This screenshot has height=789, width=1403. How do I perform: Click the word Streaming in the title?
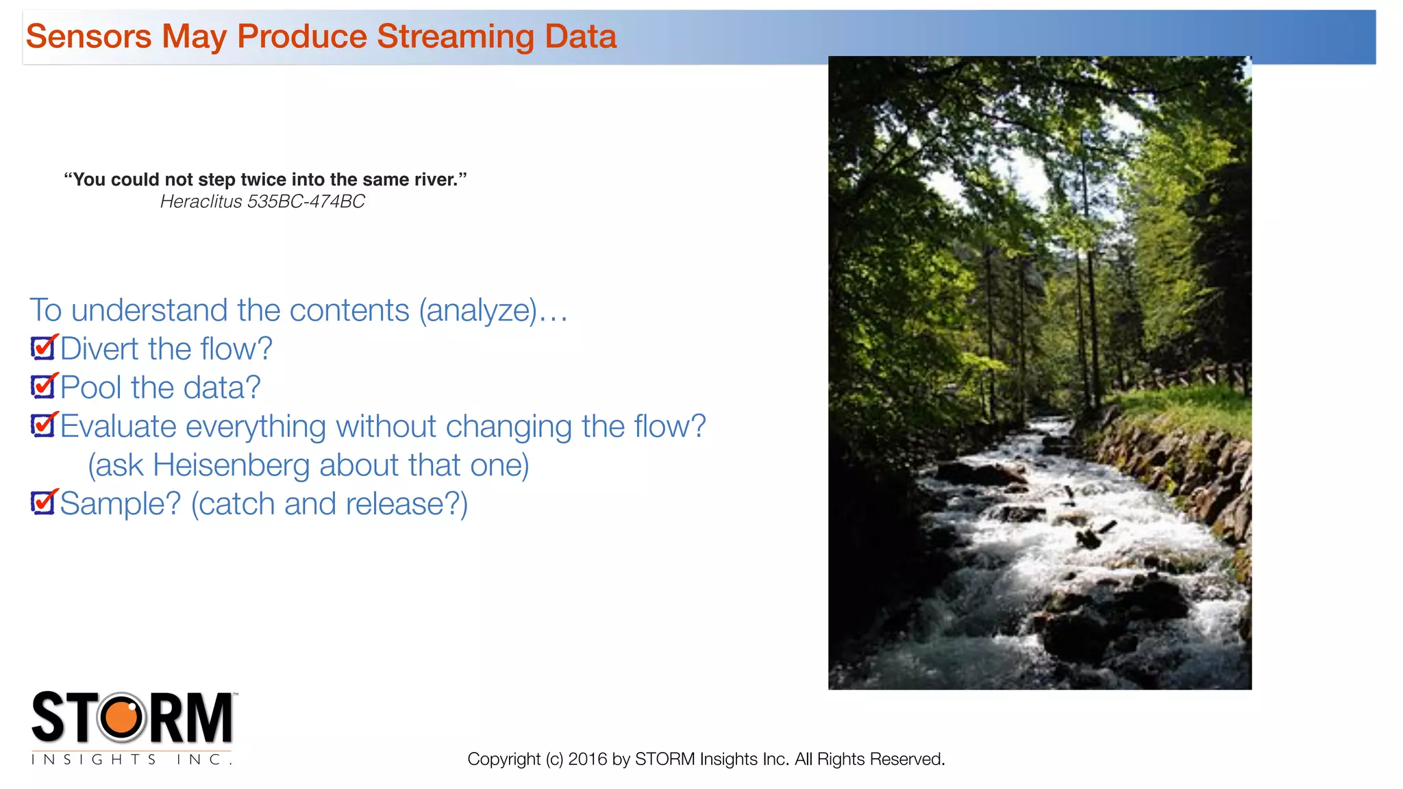click(x=455, y=37)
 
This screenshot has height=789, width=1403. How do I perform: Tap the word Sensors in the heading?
click(x=88, y=36)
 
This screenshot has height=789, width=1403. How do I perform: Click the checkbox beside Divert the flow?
click(x=43, y=348)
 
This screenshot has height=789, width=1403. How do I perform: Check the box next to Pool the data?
click(x=43, y=387)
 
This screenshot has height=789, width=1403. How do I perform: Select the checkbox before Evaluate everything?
click(x=43, y=425)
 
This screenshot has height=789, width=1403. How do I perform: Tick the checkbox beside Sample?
click(x=43, y=503)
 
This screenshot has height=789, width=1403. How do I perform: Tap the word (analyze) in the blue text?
click(x=477, y=310)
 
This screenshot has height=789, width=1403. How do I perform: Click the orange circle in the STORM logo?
click(x=123, y=717)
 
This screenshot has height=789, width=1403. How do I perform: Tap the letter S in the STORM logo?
click(x=48, y=717)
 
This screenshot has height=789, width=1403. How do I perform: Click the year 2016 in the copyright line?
click(x=587, y=759)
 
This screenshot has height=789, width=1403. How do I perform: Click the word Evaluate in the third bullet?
click(x=119, y=427)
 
